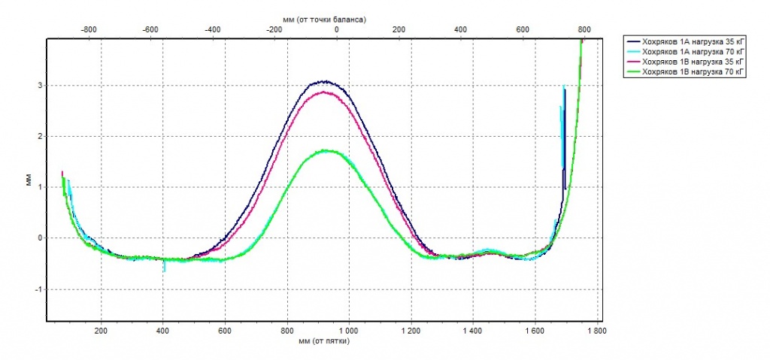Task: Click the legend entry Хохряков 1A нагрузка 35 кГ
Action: [689, 41]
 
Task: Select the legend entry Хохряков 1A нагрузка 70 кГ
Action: [689, 51]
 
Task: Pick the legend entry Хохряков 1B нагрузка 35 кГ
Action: [689, 62]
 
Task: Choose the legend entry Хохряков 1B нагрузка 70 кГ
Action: [689, 71]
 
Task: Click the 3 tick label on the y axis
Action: [39, 86]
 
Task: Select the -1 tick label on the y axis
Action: [38, 289]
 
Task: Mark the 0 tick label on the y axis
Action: [39, 238]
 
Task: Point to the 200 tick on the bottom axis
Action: [101, 330]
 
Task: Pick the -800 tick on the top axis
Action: [88, 29]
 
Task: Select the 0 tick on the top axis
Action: [336, 29]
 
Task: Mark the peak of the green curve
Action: [326, 150]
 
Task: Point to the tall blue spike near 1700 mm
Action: [564, 90]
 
